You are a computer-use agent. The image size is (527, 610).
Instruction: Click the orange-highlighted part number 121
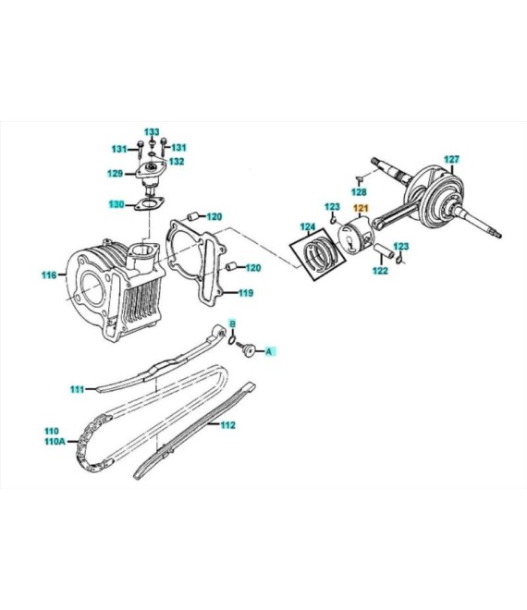pos(361,209)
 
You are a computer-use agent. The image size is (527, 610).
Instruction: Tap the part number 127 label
pos(452,160)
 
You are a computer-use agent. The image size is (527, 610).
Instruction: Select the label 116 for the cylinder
pos(49,275)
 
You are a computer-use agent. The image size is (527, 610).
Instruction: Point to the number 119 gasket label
pos(246,293)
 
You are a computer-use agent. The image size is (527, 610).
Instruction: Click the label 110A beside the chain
pos(55,442)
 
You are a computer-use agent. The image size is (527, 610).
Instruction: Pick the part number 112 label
pos(227,425)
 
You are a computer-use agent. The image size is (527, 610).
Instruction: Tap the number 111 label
pos(78,389)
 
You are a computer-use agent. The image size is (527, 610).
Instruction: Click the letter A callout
pos(268,352)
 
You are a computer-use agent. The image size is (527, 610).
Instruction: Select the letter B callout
pos(232,323)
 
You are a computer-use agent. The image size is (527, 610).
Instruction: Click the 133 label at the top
pos(153,132)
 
